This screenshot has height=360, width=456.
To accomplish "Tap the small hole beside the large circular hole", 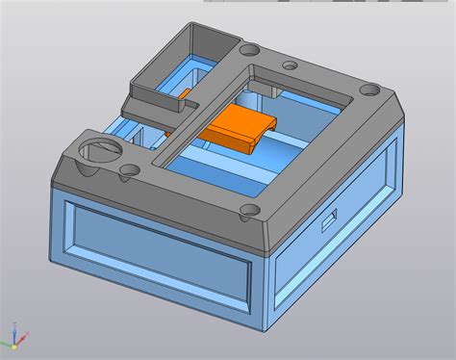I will pyautogui.click(x=125, y=175).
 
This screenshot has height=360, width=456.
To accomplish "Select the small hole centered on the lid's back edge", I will pyautogui.click(x=289, y=65).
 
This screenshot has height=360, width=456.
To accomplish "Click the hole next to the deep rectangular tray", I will pyautogui.click(x=249, y=46).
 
